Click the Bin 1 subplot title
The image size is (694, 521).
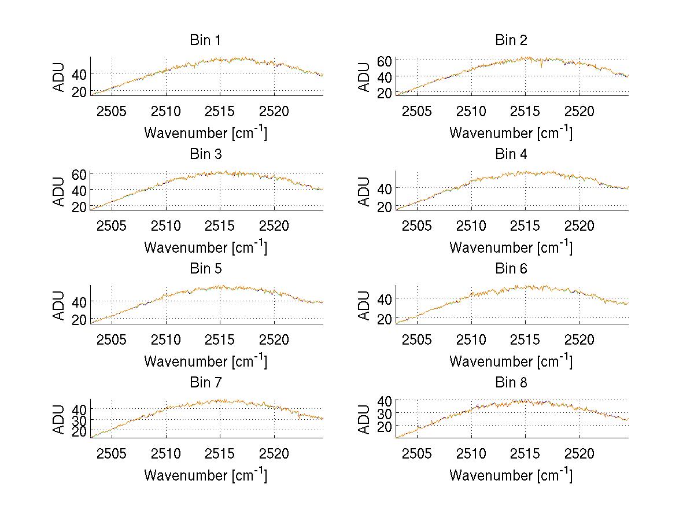click(205, 40)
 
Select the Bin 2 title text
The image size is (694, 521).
click(511, 40)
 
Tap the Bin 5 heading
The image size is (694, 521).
click(205, 269)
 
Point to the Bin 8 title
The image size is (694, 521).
click(511, 383)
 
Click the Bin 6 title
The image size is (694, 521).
click(511, 269)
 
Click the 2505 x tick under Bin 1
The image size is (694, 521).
click(112, 111)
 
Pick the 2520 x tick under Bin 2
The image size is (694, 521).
click(579, 111)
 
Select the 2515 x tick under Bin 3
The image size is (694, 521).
click(220, 225)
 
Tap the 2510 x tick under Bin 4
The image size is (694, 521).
click(471, 225)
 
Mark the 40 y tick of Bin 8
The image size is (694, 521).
click(386, 400)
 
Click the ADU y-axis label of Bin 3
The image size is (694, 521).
click(59, 191)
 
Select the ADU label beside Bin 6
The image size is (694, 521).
click(364, 305)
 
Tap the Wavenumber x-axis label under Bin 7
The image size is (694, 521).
click(205, 475)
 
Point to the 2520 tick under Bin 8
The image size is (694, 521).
click(579, 453)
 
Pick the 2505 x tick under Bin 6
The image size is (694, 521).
click(417, 339)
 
